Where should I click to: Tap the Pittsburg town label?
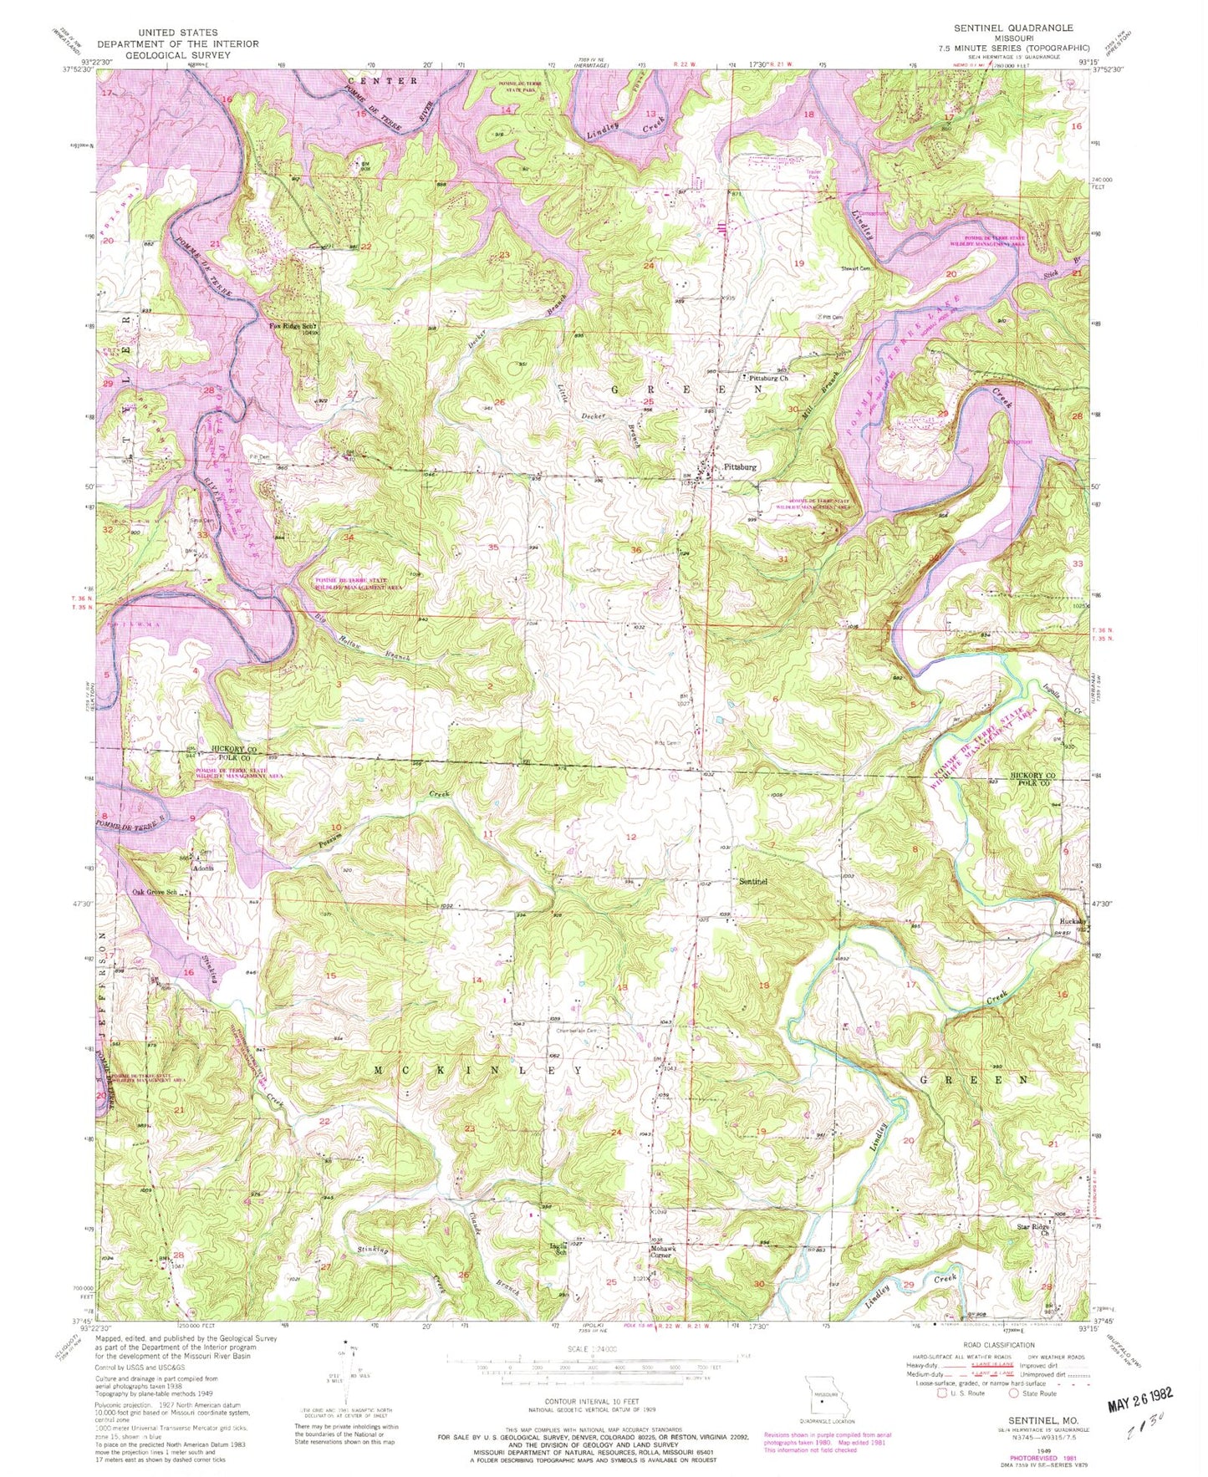(x=739, y=467)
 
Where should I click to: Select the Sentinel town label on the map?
(x=753, y=881)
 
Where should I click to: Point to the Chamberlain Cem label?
(x=577, y=1031)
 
